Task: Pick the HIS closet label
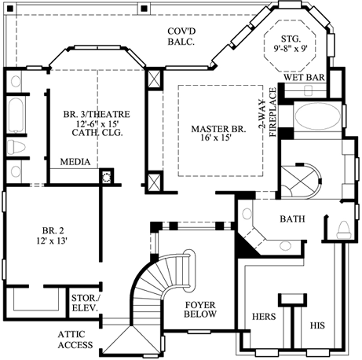coord(317,325)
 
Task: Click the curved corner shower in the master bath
coord(302,182)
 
